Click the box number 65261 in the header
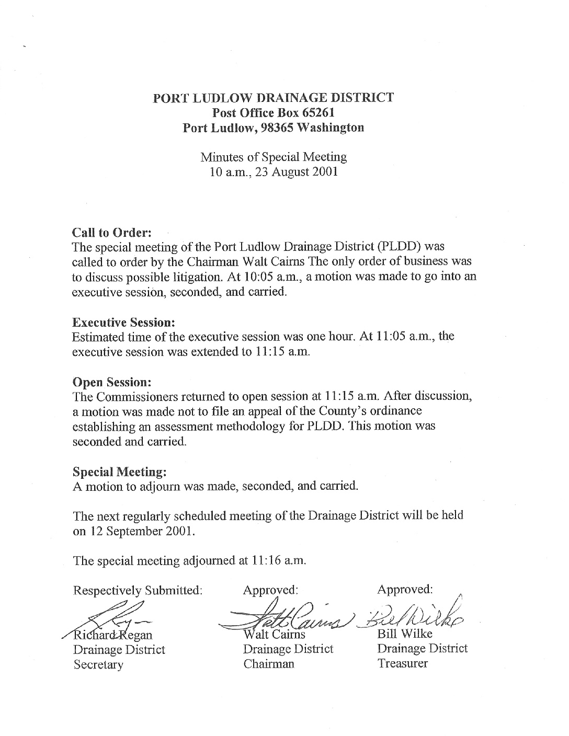(x=318, y=112)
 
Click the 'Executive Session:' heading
(x=123, y=321)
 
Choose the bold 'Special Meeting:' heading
(x=120, y=471)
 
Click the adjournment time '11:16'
(x=263, y=560)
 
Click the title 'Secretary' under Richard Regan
(x=98, y=665)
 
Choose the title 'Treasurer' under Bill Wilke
(x=403, y=664)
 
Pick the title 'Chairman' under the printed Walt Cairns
(x=268, y=664)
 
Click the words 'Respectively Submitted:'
(x=138, y=591)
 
